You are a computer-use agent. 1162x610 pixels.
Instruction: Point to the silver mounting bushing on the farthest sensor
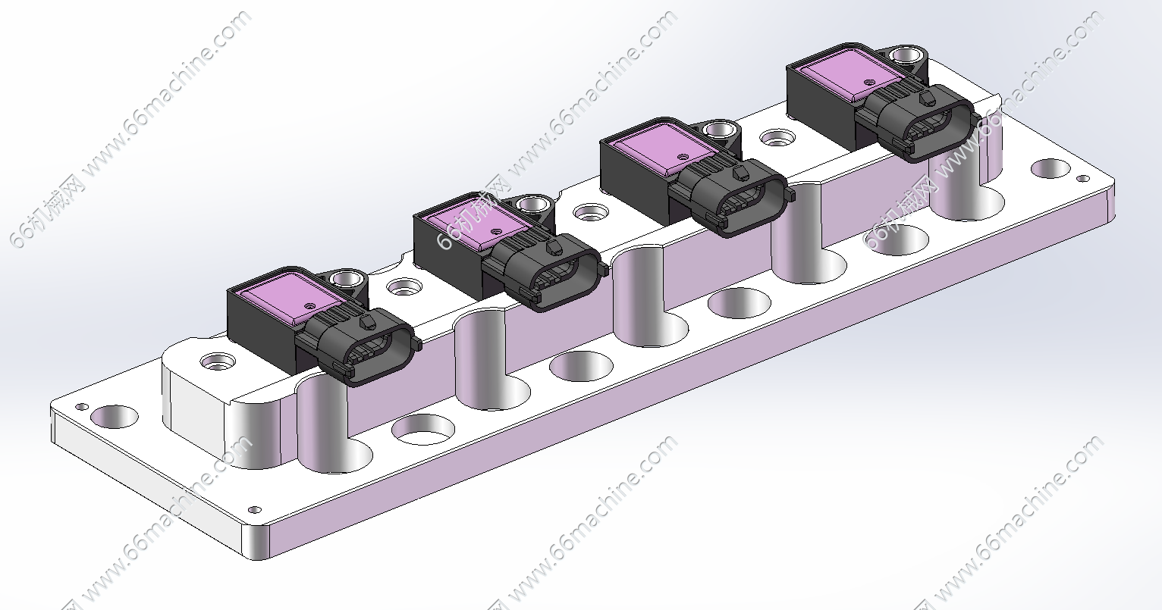pos(903,55)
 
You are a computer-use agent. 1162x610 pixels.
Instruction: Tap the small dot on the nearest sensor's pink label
pos(310,306)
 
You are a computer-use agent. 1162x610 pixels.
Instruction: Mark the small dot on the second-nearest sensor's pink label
pos(497,231)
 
